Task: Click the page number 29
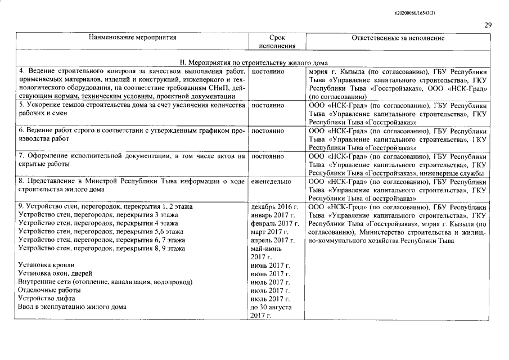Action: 488,25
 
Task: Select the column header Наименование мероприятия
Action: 133,38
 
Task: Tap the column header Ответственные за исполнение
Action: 398,38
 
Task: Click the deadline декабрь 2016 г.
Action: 274,207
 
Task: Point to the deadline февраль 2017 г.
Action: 274,223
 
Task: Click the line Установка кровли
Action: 46,265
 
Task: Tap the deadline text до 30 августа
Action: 271,307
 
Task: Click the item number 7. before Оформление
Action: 22,155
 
